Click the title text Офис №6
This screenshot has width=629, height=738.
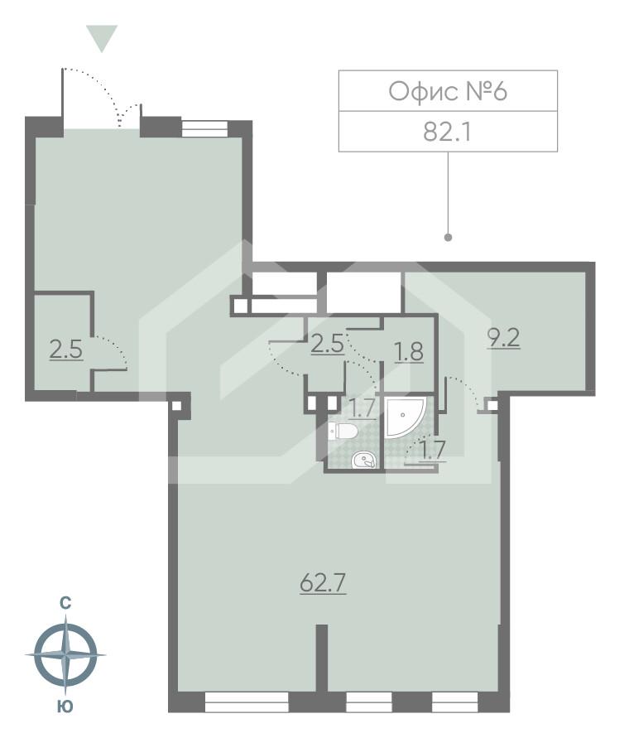[448, 91]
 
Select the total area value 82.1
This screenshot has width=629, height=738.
[447, 132]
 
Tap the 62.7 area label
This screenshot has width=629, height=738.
[323, 584]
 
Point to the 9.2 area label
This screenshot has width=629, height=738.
[503, 337]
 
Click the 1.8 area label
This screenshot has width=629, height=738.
[409, 351]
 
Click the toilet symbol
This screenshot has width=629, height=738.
[344, 431]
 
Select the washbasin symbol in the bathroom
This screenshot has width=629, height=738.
[364, 460]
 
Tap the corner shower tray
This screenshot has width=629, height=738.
[405, 417]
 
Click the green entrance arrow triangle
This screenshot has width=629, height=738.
[102, 37]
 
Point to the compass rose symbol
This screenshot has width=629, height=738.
[66, 654]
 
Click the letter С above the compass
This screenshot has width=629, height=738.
[65, 603]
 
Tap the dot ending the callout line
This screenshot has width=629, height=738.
[448, 237]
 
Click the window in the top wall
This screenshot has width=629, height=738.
[204, 128]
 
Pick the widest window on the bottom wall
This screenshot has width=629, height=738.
[247, 702]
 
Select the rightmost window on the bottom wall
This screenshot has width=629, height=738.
[455, 702]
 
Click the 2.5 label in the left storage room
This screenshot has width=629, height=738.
[66, 350]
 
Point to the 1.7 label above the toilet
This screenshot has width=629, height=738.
[363, 408]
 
